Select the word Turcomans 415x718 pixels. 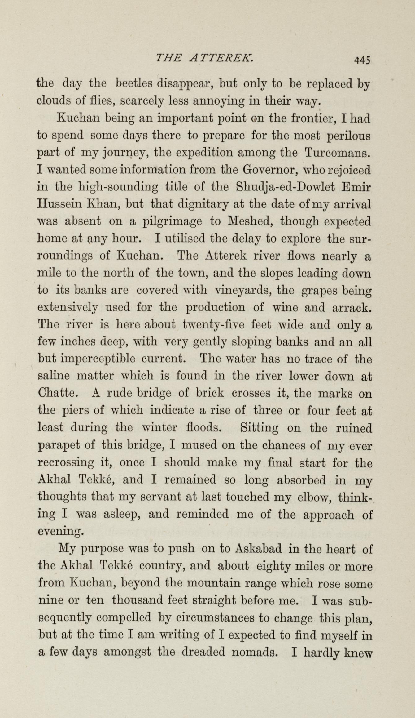pyautogui.click(x=338, y=153)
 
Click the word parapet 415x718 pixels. pyautogui.click(x=59, y=446)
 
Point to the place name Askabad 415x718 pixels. pyautogui.click(x=258, y=549)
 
